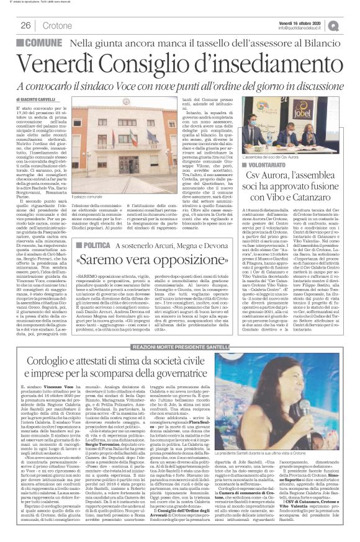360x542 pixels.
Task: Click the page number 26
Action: click(27, 25)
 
